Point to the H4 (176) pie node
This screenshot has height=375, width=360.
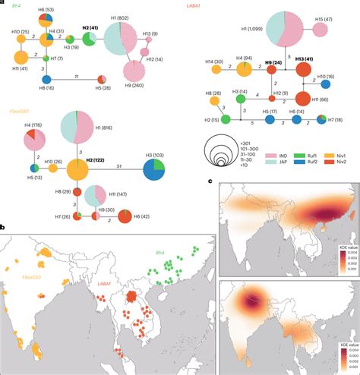(36, 139)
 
